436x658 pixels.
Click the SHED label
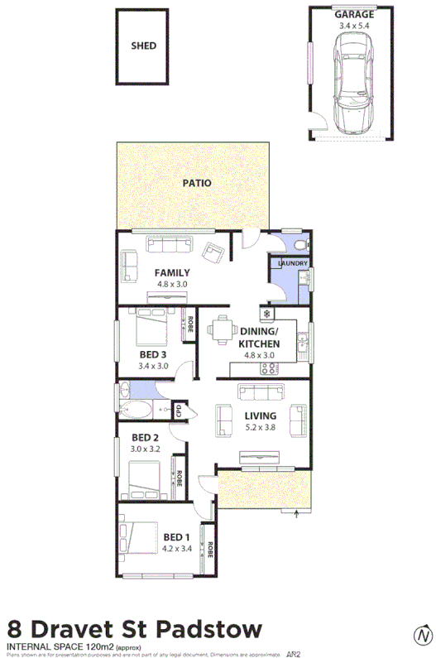coord(143,46)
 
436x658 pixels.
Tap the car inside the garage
coord(353,80)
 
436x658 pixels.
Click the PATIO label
coord(197,183)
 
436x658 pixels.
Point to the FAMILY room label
coord(172,272)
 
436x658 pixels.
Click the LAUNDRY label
coord(293,264)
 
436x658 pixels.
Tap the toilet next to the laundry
coord(299,245)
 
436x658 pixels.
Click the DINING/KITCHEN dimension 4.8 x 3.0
coord(258,356)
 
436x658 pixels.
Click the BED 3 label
coord(154,354)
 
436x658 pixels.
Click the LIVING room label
coord(259,417)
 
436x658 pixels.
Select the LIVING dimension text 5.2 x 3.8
coord(259,428)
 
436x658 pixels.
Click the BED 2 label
coord(145,437)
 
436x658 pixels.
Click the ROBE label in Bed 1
coord(210,548)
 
